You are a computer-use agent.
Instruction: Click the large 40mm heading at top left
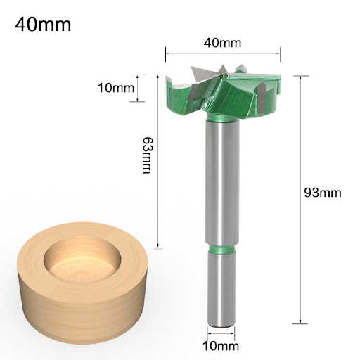click(43, 25)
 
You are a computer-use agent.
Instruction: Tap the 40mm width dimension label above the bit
click(222, 43)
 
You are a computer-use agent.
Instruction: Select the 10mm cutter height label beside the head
click(116, 88)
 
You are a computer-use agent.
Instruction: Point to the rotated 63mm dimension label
click(148, 155)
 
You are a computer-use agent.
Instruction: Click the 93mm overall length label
click(323, 193)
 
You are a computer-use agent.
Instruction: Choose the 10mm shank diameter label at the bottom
click(221, 346)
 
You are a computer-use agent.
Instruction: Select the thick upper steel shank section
click(222, 182)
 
